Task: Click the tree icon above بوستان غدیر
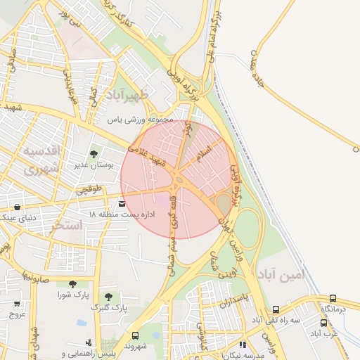94,153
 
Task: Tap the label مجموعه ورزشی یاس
140,120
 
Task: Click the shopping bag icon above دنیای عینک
16,207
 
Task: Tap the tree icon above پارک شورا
72,284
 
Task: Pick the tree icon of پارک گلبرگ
108,297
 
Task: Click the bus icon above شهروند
135,335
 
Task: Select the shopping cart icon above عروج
17,304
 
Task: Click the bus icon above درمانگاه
333,298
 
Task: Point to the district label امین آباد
283,274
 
